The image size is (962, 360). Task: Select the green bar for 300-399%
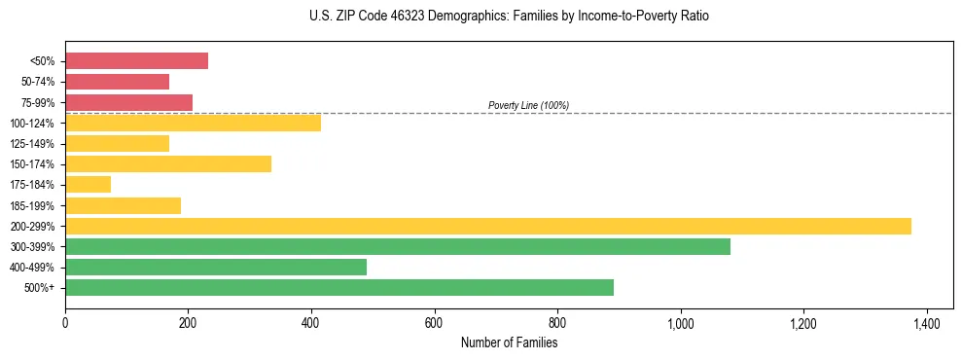pos(398,246)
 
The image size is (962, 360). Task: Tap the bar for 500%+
pos(339,287)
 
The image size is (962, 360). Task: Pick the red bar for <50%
pos(137,60)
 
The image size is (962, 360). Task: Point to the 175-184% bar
pos(89,184)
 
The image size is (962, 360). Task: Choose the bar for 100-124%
pos(194,123)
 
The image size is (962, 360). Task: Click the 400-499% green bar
pos(216,267)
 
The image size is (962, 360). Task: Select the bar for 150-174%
pos(168,163)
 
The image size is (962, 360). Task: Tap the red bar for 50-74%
pos(118,82)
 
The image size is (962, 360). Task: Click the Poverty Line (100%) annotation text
pos(528,105)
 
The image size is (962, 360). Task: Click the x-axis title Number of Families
pos(509,342)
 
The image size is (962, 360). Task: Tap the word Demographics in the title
pos(448,17)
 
